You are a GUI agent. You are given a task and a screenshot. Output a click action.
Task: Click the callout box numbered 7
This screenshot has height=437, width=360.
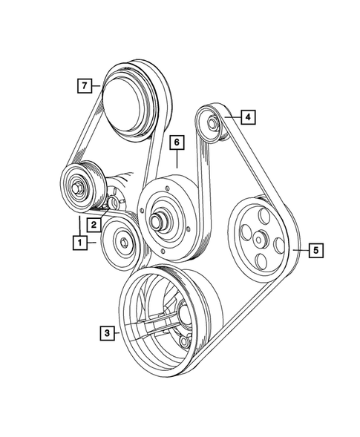[x=86, y=87]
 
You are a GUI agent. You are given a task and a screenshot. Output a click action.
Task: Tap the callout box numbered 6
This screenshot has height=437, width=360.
[x=176, y=141]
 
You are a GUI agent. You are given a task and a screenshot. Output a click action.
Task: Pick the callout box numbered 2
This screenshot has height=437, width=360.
[x=96, y=223]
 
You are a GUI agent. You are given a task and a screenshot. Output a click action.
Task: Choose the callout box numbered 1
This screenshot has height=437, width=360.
[x=77, y=241]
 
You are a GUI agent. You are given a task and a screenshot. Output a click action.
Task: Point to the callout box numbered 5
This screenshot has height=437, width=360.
[x=315, y=251]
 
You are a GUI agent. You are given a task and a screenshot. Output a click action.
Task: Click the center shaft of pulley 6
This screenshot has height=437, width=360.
[x=159, y=220]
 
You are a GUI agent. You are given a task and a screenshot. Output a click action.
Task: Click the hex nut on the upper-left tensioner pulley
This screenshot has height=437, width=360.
[x=77, y=185]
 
